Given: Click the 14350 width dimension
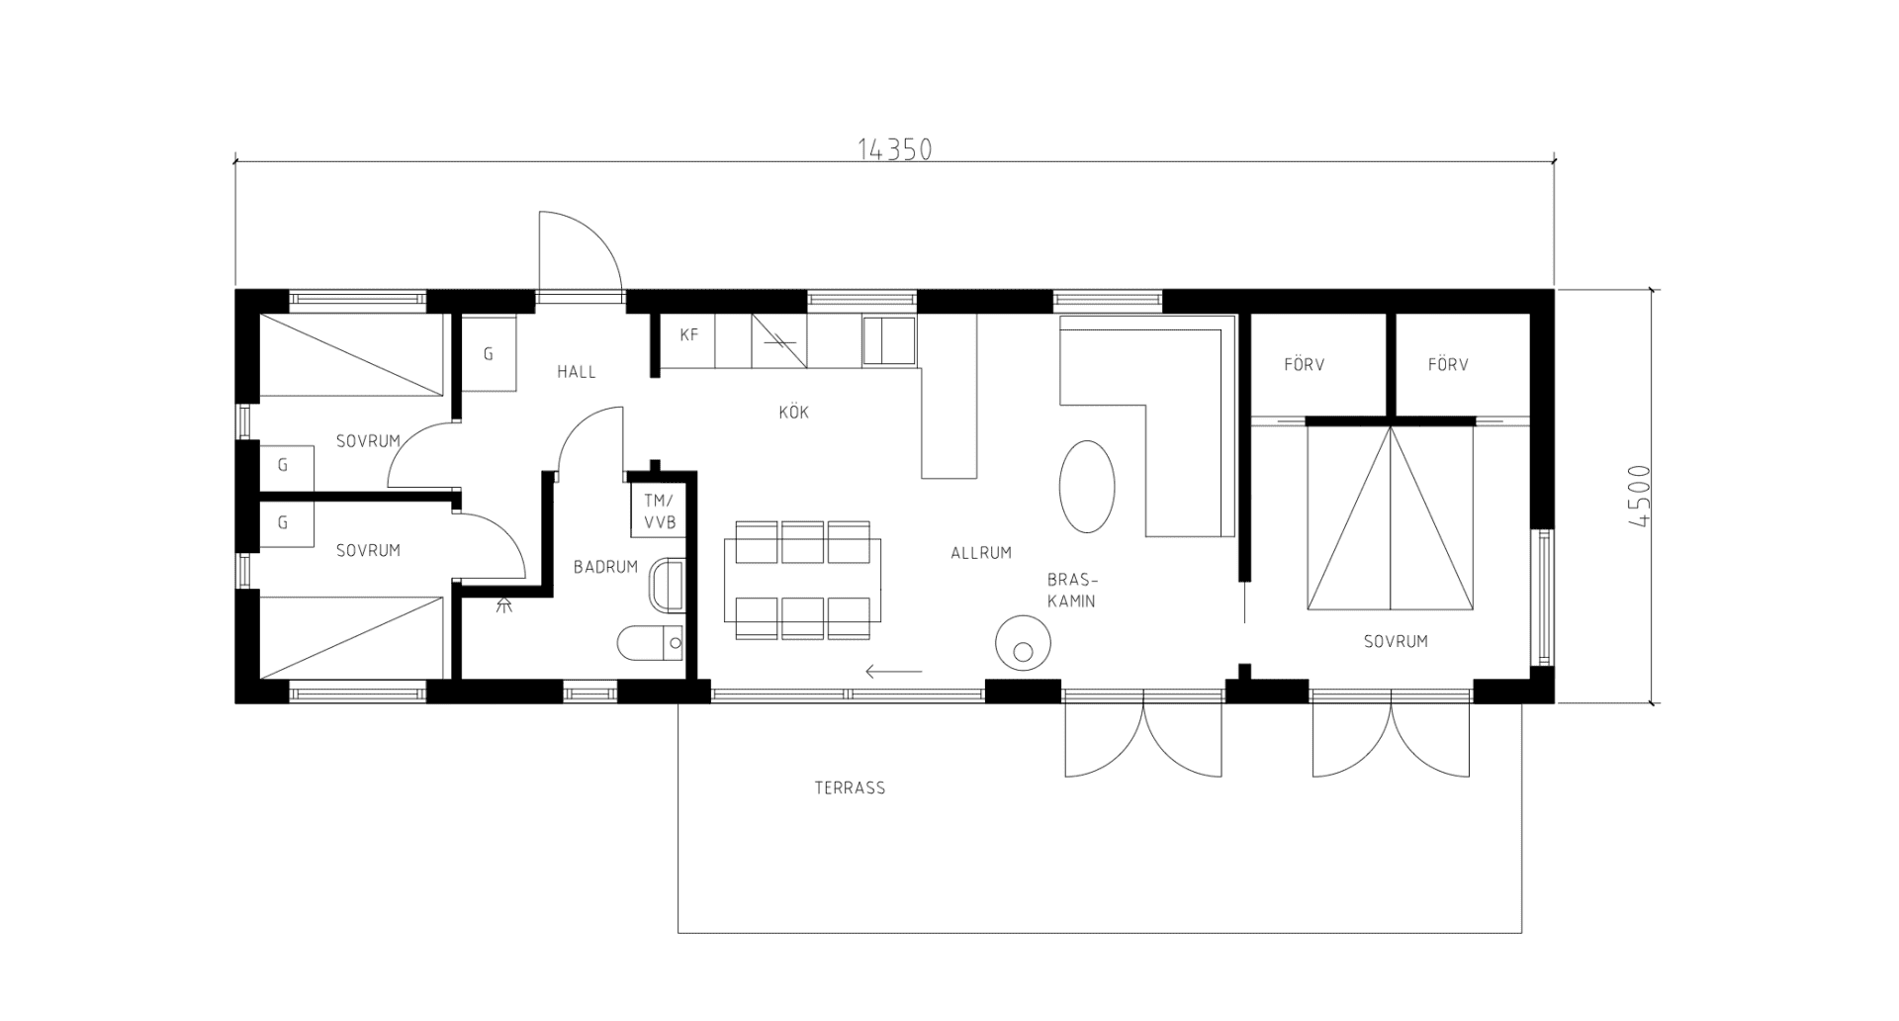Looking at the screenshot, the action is [894, 149].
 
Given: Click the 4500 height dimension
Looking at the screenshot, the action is [1638, 497].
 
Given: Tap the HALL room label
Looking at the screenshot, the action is [577, 372].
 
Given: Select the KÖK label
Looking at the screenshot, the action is [794, 412].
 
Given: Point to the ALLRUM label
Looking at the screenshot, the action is [981, 553].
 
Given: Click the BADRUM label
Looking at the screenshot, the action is [605, 567].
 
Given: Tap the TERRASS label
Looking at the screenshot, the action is [850, 789].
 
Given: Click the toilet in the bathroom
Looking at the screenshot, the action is [651, 643].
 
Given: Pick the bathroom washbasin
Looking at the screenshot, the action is [668, 586].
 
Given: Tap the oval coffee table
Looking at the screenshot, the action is [1087, 487].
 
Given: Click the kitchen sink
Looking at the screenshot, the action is [889, 341].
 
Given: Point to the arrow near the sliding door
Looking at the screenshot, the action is [894, 672].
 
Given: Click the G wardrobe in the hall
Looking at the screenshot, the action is [489, 353].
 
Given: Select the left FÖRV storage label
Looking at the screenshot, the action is [1305, 365].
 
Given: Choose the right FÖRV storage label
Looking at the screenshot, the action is [1448, 365].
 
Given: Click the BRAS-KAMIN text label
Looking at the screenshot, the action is [1072, 590].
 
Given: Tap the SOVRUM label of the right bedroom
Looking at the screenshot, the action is [1396, 641].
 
